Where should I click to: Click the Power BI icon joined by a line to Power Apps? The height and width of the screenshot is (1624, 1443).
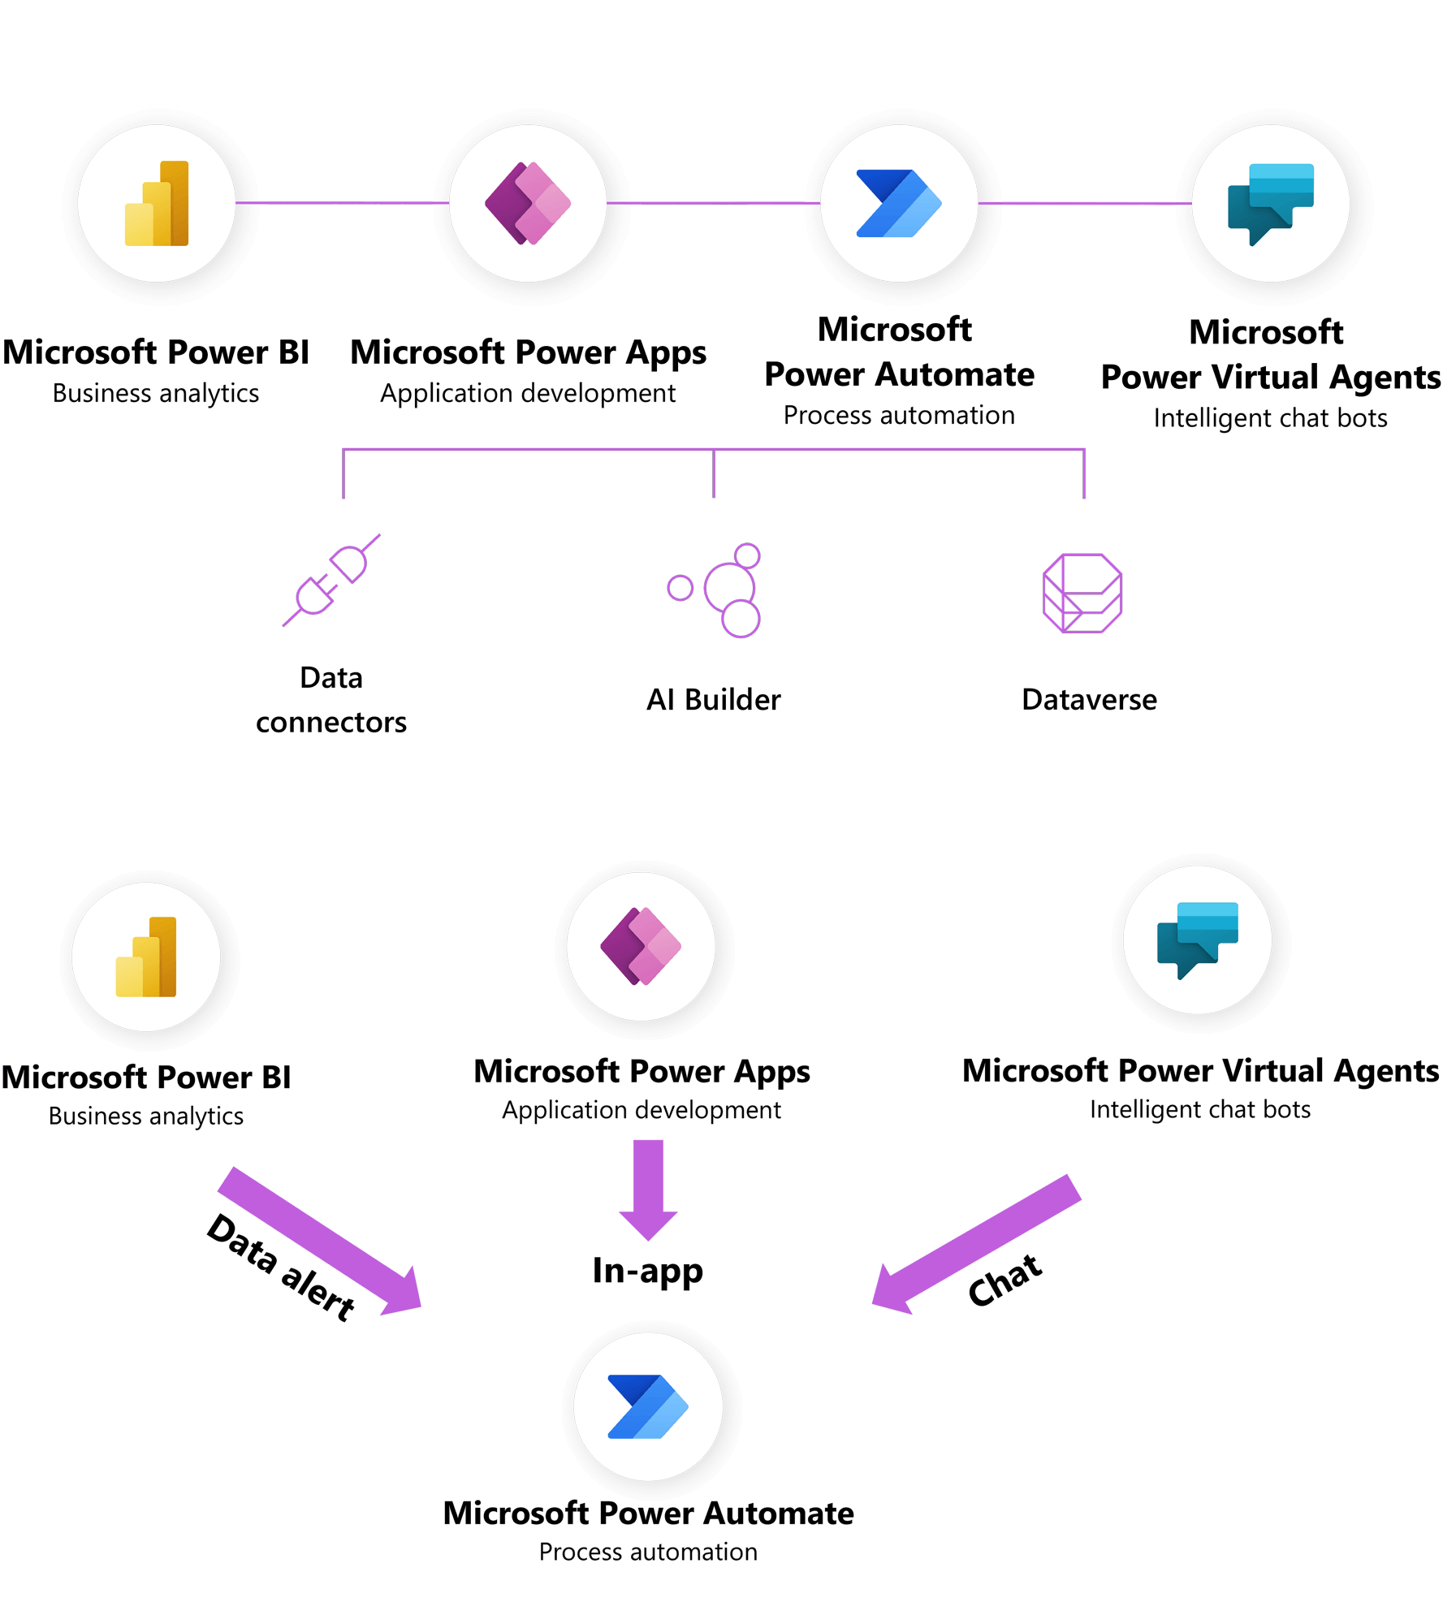(x=158, y=204)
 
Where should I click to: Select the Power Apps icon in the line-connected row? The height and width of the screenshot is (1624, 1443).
(x=528, y=204)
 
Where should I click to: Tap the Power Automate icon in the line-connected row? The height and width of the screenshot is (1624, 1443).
(x=899, y=204)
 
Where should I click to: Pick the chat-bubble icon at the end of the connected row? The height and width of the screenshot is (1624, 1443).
(x=1271, y=204)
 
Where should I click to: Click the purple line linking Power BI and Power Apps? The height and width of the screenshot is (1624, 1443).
(x=342, y=202)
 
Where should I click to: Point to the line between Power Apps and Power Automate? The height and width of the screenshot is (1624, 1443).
(x=713, y=202)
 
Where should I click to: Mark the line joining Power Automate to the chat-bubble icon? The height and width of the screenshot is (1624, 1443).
(x=1085, y=203)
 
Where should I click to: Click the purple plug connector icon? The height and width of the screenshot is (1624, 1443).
(x=331, y=580)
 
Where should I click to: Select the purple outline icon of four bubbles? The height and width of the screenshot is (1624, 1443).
(x=715, y=590)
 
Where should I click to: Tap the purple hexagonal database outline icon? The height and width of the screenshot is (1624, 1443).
(x=1082, y=593)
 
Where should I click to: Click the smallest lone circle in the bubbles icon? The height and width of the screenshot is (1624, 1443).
(x=680, y=588)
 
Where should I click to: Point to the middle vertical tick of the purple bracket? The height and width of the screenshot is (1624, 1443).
(x=714, y=473)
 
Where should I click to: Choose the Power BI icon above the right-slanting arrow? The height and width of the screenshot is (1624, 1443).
(x=147, y=957)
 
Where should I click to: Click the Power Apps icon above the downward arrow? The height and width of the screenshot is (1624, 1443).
(x=642, y=947)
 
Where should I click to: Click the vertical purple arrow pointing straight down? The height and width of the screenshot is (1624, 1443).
(x=648, y=1189)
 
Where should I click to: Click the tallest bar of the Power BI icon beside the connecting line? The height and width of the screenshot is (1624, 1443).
(x=175, y=203)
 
